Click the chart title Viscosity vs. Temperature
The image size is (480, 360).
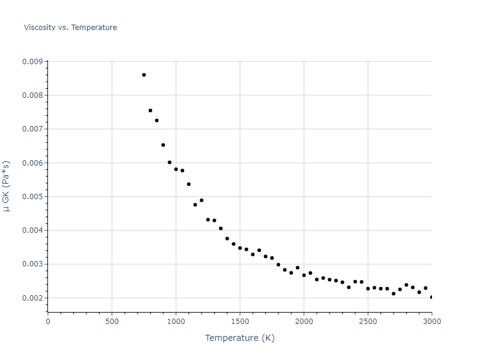[x=70, y=28]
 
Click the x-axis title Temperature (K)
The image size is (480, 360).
[x=239, y=338]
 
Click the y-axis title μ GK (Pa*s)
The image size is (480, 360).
[x=7, y=186]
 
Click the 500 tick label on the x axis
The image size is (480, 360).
[x=112, y=321]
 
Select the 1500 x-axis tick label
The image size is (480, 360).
[x=240, y=321]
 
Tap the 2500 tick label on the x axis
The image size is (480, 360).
[x=368, y=321]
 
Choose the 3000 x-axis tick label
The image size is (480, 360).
[x=431, y=321]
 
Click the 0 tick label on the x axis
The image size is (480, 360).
[x=48, y=321]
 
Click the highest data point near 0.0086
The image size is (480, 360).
[x=144, y=75]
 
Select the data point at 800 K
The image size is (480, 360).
[x=151, y=110]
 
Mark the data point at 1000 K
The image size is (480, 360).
[x=176, y=169]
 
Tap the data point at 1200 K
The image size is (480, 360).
[x=202, y=200]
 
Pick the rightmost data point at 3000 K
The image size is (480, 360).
[x=431, y=297]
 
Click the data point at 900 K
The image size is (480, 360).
[x=163, y=145]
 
